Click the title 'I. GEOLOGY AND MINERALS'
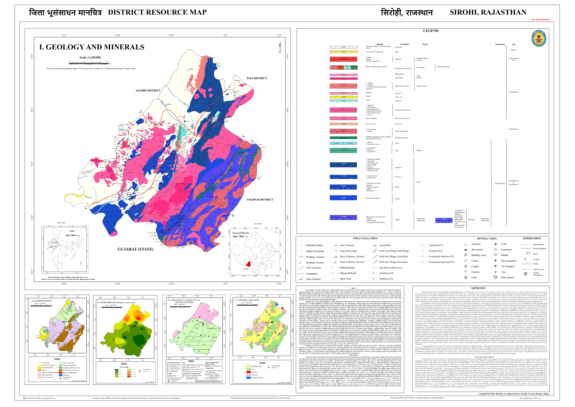91,47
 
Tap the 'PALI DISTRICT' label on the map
257,78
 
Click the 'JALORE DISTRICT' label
148,90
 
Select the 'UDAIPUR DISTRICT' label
259,200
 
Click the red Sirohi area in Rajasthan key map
248,264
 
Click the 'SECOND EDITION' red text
540,19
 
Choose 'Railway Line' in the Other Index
538,269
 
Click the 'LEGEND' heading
431,31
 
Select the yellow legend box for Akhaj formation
344,52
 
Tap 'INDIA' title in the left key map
72,231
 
